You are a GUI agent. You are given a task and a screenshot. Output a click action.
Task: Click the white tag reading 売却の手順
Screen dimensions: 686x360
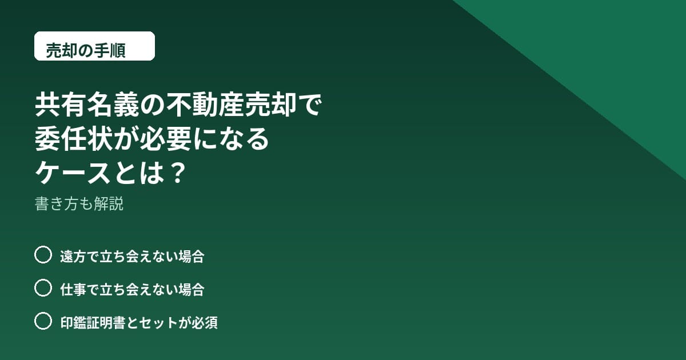point(94,46)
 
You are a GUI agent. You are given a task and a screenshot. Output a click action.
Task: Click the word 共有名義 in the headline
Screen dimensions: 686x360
point(87,105)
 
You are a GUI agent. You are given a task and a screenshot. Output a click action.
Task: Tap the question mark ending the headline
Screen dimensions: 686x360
point(178,173)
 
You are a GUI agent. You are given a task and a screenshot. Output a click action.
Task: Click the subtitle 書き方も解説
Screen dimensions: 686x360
point(79,203)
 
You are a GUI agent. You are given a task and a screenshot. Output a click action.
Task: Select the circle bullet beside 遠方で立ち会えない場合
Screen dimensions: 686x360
point(43,254)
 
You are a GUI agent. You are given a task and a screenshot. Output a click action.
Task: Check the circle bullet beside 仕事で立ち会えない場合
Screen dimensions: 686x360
point(43,287)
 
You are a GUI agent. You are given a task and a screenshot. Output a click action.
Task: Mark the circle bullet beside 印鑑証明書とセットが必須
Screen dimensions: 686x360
point(43,321)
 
